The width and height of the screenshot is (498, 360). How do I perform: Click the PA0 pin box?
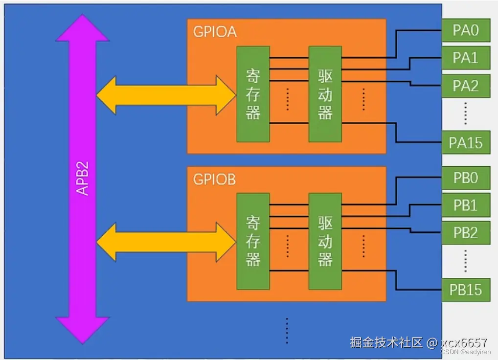466,30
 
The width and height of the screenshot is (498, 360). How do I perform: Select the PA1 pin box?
466,58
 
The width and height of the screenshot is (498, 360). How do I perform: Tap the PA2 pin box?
466,86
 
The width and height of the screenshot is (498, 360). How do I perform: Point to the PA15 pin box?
466,142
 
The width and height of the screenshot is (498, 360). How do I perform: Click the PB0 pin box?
466,178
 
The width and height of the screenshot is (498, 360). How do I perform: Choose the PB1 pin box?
466,205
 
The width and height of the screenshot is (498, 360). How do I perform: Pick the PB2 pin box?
466,233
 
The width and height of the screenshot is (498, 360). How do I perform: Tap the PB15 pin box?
466,290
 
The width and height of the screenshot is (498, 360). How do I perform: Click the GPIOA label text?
215,32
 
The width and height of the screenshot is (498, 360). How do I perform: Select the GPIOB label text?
215,180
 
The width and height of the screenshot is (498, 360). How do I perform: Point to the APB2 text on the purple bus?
82,178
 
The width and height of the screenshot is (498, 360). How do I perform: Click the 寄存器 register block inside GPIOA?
253,94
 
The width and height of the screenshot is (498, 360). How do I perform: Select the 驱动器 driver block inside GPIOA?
325,94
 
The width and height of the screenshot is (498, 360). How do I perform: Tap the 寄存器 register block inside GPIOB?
253,241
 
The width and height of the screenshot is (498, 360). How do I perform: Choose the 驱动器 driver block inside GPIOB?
325,241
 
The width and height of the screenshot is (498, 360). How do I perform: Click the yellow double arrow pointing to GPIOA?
166,95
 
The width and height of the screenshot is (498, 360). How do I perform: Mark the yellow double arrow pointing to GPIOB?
166,242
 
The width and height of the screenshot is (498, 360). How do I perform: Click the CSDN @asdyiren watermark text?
466,352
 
